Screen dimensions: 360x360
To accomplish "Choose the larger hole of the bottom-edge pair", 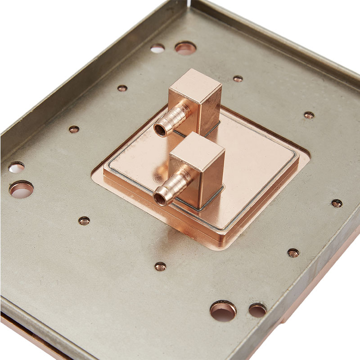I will pyautogui.click(x=223, y=310).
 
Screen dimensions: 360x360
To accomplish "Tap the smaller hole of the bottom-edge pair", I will pyautogui.click(x=257, y=310).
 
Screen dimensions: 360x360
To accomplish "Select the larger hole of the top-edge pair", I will pyautogui.click(x=185, y=48).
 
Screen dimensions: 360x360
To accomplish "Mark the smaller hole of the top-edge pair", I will pyautogui.click(x=157, y=48).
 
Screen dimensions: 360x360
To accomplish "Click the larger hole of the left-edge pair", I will pyautogui.click(x=21, y=189).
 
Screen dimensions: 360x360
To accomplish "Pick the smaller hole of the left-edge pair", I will pyautogui.click(x=16, y=167).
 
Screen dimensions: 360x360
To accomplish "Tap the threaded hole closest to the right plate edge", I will pyautogui.click(x=337, y=203).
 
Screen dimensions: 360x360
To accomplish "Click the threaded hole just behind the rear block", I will pyautogui.click(x=238, y=79).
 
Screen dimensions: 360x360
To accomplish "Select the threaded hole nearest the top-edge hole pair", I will pyautogui.click(x=122, y=88).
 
